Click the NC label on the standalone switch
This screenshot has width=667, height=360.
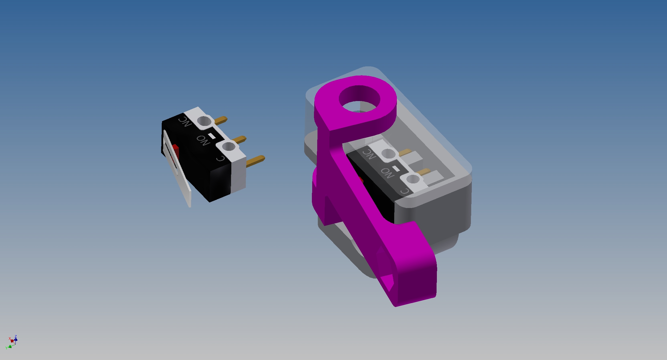(x=185, y=121)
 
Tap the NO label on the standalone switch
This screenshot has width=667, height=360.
(x=203, y=140)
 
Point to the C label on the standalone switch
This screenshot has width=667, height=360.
(x=221, y=159)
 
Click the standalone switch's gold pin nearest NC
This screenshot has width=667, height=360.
(x=221, y=120)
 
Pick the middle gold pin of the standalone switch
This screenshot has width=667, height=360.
(x=239, y=139)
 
